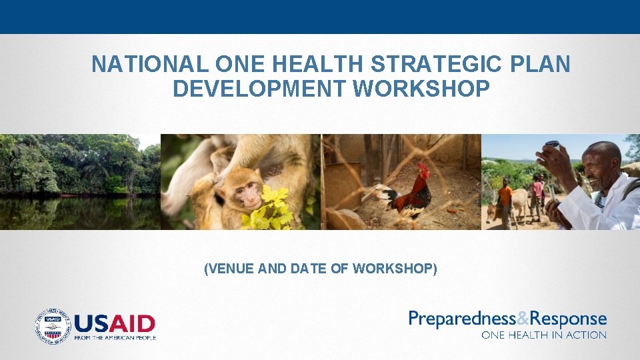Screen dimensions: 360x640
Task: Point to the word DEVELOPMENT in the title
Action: [258, 88]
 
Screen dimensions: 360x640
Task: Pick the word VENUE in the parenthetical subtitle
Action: [231, 269]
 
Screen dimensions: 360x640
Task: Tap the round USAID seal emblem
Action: [53, 326]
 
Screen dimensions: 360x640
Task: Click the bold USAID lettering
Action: [115, 324]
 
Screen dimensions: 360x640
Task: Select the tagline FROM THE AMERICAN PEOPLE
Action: [115, 337]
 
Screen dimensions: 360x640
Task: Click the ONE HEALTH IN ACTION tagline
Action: [544, 335]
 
